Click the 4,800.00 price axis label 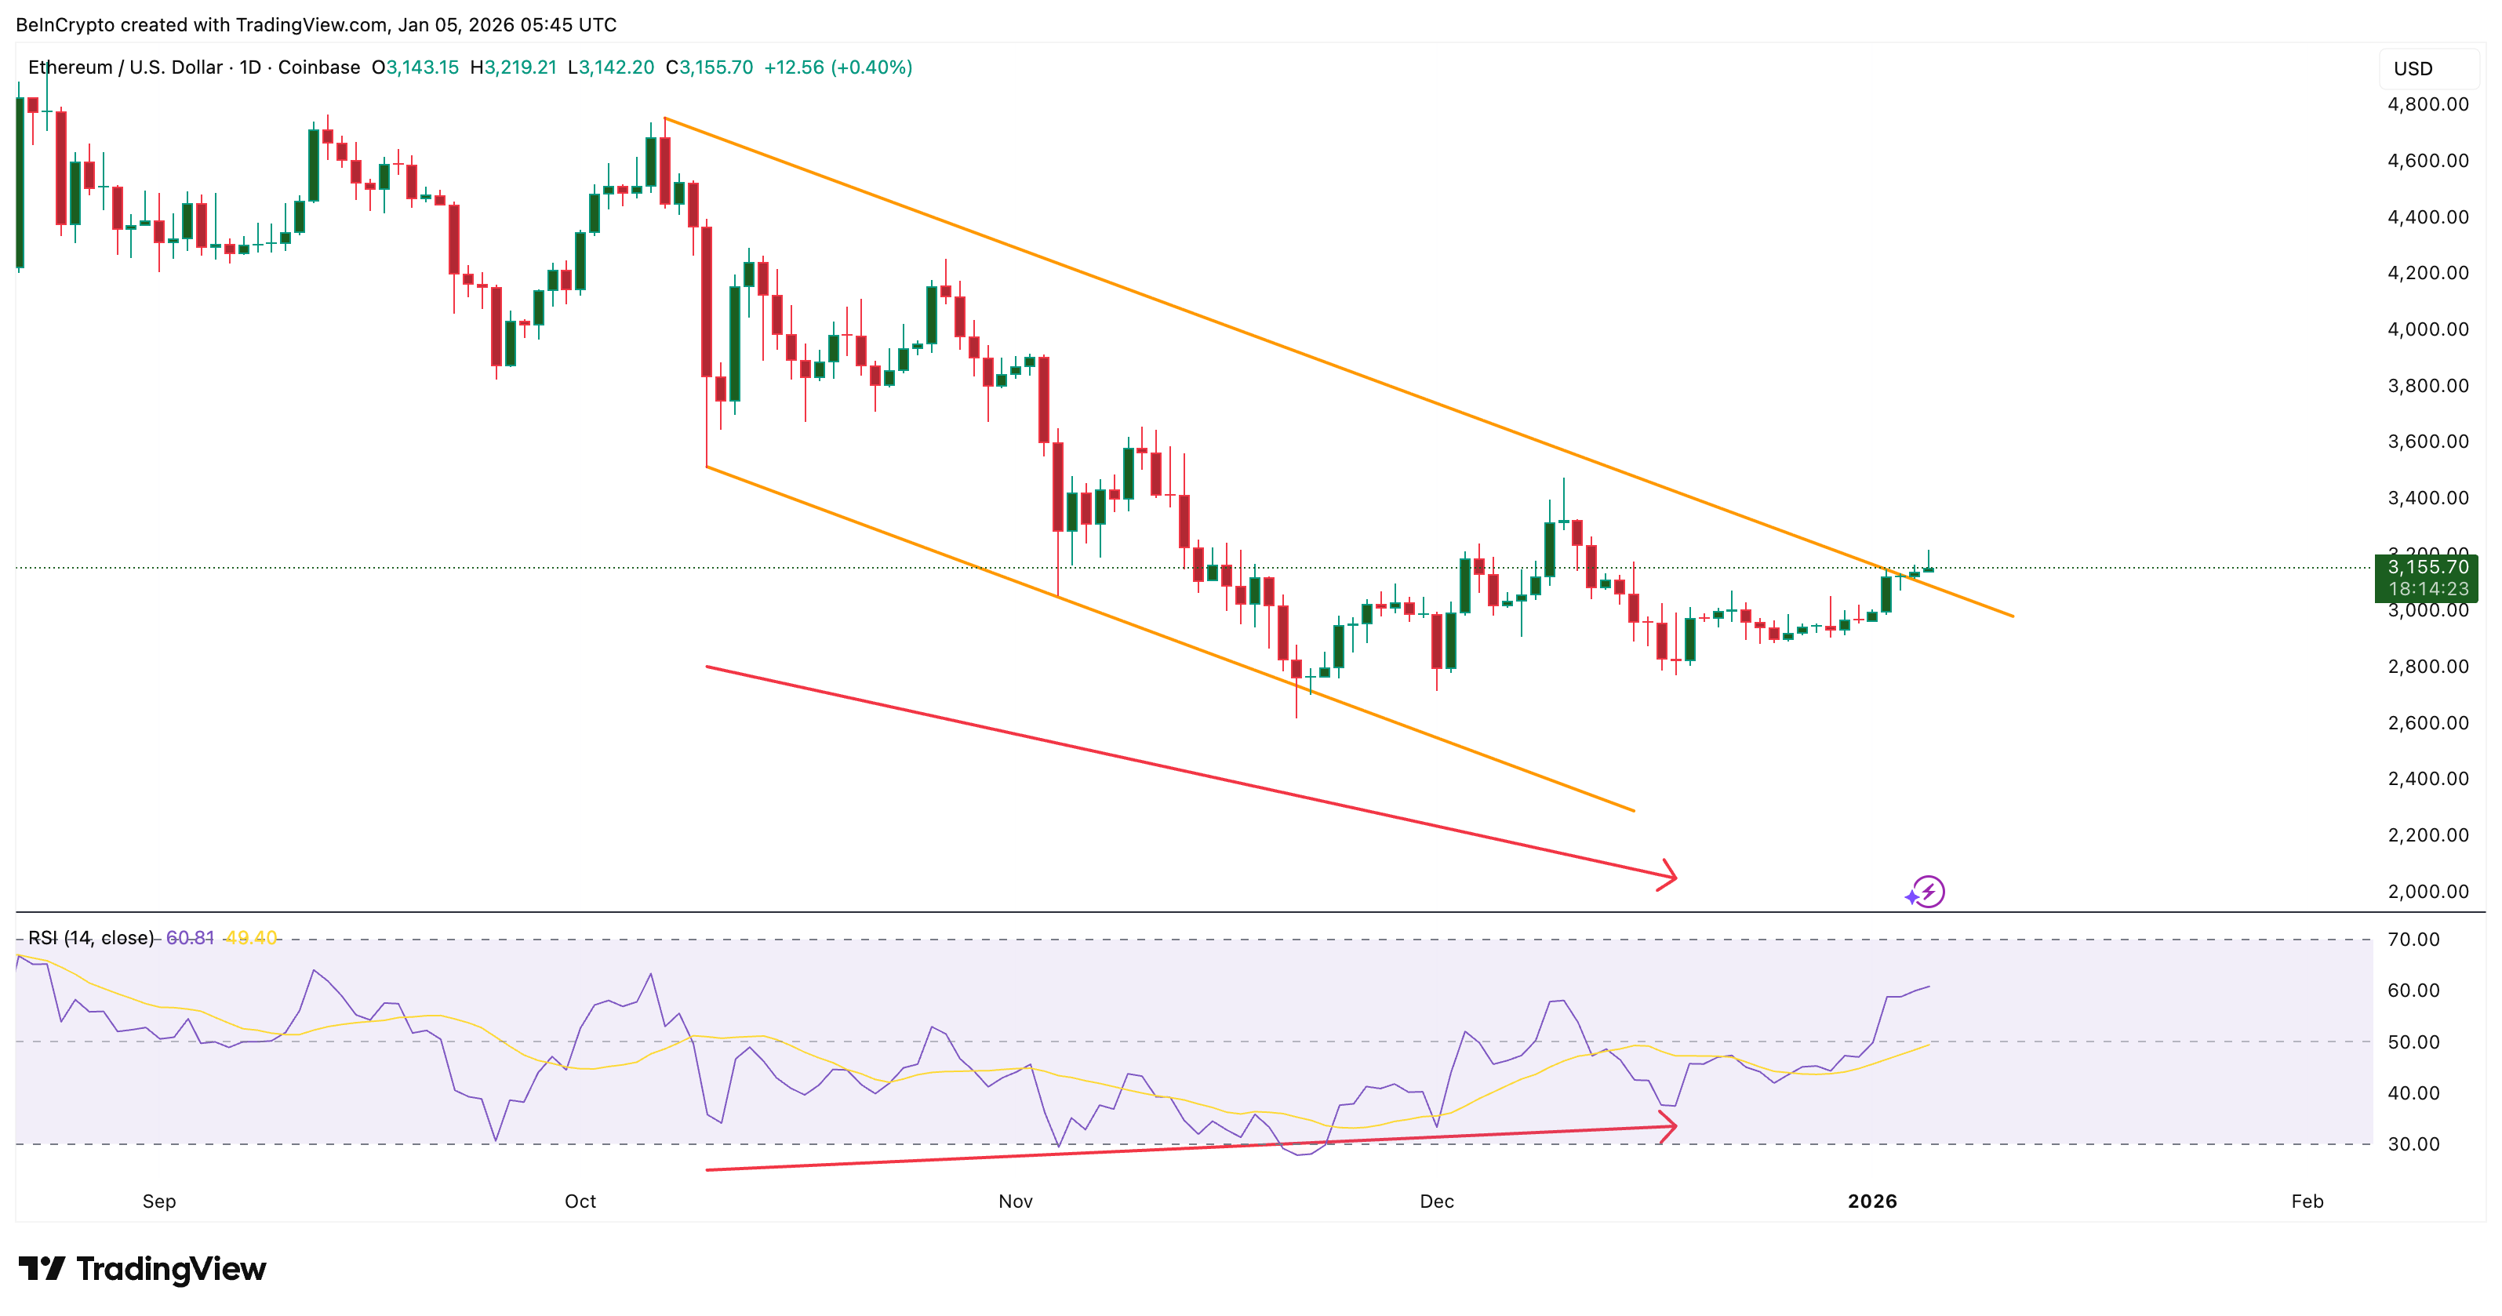pos(2427,105)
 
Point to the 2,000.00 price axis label pos(2427,892)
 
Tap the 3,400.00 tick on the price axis pos(2427,498)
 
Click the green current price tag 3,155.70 pos(2426,568)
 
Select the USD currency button pos(2413,69)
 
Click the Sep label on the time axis pos(159,1201)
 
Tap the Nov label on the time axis pos(1015,1201)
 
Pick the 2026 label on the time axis pos(1871,1201)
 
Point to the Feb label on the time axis pos(2307,1201)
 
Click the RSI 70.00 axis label pos(2413,940)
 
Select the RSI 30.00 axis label pos(2413,1144)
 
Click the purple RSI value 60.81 pos(189,938)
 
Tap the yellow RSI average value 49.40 pos(250,938)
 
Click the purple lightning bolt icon pos(1927,892)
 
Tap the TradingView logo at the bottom pos(142,1268)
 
